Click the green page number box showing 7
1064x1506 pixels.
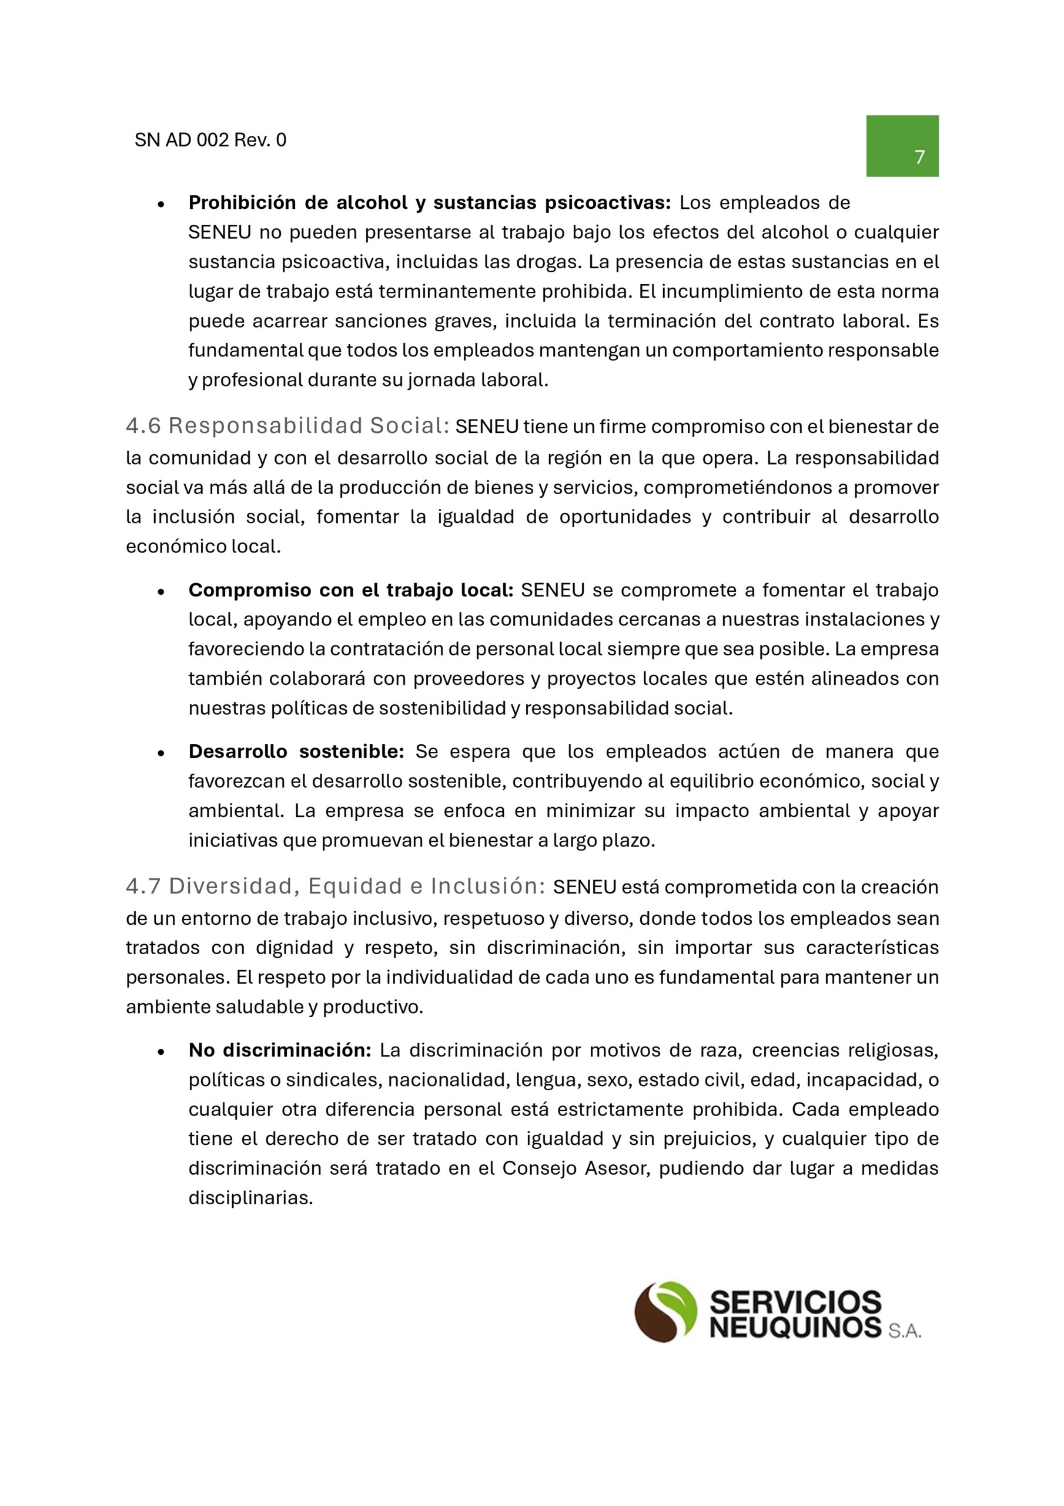point(902,146)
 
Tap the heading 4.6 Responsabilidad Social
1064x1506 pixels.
point(287,427)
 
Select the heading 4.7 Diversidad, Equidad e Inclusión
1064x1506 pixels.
point(335,887)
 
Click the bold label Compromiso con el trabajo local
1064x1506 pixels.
point(350,590)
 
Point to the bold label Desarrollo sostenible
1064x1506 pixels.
point(296,752)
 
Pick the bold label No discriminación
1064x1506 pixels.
point(280,1050)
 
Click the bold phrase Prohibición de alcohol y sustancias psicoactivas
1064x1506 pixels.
point(429,204)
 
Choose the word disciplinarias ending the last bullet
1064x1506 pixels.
point(250,1198)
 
